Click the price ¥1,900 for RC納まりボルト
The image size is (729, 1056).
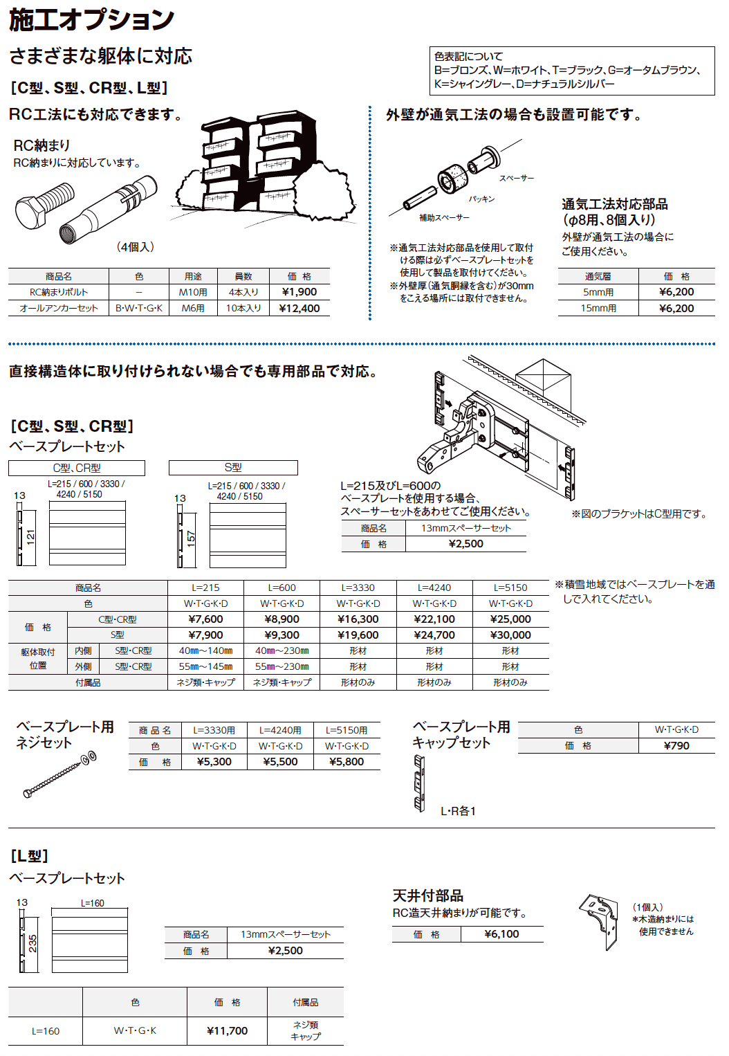click(x=299, y=292)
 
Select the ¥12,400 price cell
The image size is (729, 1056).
click(x=299, y=309)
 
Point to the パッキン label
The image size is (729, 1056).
click(x=481, y=199)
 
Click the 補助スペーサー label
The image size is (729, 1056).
click(x=444, y=218)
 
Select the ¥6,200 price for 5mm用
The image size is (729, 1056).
click(x=676, y=292)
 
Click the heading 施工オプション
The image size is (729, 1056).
click(x=91, y=19)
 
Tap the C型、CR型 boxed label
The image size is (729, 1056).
click(x=77, y=468)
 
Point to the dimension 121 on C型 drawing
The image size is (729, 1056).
click(x=30, y=536)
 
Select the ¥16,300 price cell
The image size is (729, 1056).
click(x=358, y=619)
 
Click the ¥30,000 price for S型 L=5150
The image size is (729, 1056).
click(x=510, y=635)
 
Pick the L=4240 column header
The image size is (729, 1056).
click(x=434, y=588)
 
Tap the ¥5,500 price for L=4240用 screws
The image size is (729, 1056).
click(x=280, y=762)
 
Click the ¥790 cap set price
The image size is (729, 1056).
click(x=676, y=746)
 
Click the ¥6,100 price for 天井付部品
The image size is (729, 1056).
click(x=501, y=934)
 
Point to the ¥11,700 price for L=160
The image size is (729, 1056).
click(x=227, y=1031)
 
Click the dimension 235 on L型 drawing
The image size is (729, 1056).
click(x=33, y=943)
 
